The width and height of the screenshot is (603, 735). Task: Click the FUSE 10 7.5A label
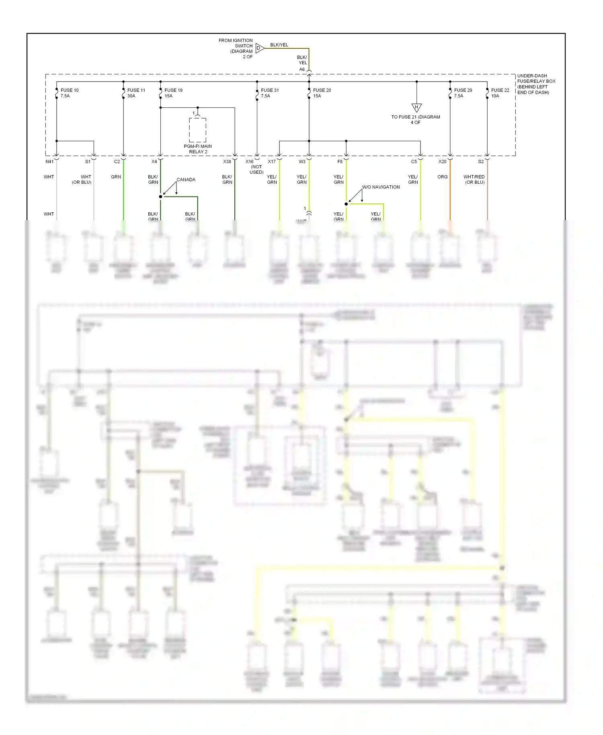[69, 93]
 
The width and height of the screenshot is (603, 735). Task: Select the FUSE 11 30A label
[136, 93]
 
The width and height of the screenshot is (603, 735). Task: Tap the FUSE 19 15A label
[173, 93]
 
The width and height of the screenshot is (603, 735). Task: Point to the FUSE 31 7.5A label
[269, 93]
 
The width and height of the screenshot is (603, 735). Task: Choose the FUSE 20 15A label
[322, 93]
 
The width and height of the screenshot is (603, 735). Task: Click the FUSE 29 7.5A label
[463, 93]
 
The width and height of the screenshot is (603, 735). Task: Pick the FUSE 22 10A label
[500, 93]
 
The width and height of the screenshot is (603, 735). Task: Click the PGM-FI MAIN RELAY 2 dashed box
[197, 130]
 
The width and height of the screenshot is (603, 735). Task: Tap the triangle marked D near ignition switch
[259, 48]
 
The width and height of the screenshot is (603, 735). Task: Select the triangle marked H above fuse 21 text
[416, 107]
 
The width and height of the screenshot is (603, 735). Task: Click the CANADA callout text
[186, 180]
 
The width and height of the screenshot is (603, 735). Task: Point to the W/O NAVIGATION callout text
[381, 187]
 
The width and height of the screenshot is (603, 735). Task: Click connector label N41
[49, 162]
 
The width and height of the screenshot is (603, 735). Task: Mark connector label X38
[227, 162]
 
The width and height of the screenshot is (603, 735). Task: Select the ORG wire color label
[442, 177]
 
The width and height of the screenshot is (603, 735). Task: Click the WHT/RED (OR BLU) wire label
[474, 179]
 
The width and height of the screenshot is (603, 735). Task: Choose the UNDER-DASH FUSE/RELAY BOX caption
[536, 84]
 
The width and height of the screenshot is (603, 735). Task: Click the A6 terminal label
[302, 70]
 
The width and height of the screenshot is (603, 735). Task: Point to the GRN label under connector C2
[116, 177]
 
